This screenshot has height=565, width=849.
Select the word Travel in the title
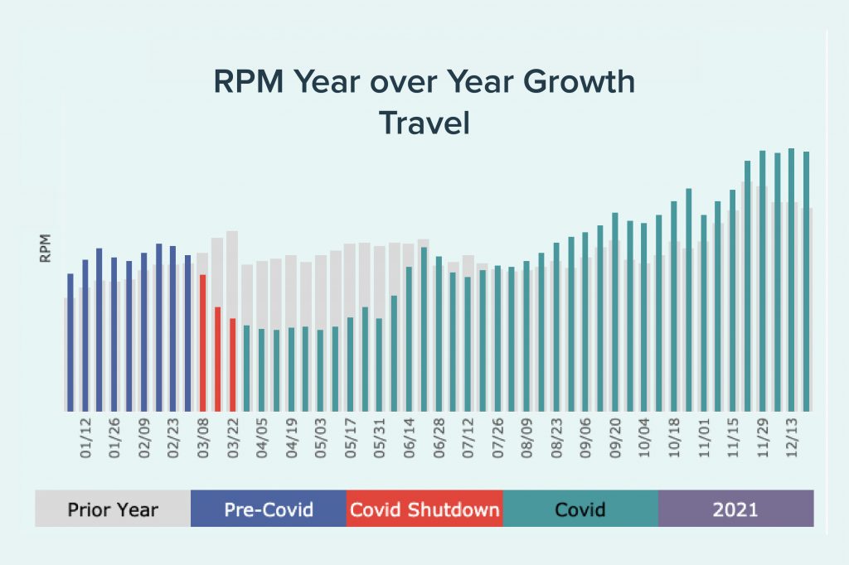pyautogui.click(x=424, y=123)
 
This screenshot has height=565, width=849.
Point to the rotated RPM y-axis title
pyautogui.click(x=46, y=249)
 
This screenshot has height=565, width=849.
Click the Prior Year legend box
pyautogui.click(x=113, y=509)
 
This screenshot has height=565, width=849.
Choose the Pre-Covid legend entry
pyautogui.click(x=269, y=509)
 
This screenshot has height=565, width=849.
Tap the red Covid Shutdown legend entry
pyautogui.click(x=424, y=509)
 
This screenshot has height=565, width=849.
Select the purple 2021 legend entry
pyautogui.click(x=735, y=509)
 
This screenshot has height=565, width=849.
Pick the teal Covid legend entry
pyautogui.click(x=580, y=509)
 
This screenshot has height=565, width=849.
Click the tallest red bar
pyautogui.click(x=203, y=342)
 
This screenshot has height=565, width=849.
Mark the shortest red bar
pyautogui.click(x=233, y=365)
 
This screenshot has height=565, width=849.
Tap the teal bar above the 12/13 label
pyautogui.click(x=791, y=279)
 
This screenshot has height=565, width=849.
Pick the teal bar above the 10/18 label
pyautogui.click(x=674, y=306)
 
